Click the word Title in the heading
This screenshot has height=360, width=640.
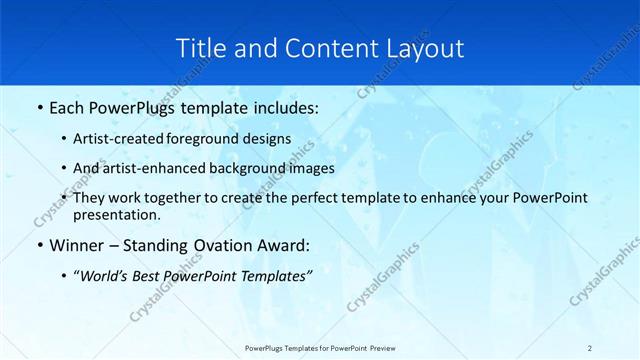pyautogui.click(x=199, y=47)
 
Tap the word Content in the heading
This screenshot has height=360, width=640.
pyautogui.click(x=317, y=47)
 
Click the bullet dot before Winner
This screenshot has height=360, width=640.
pyautogui.click(x=39, y=245)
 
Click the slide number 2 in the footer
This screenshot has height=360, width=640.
pyautogui.click(x=590, y=347)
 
